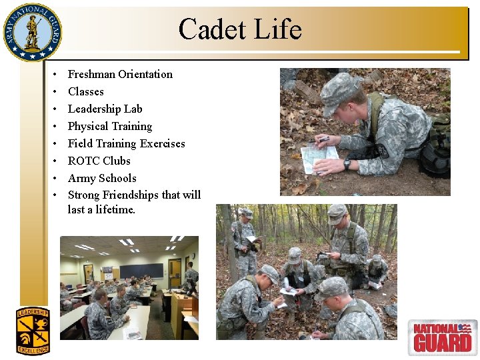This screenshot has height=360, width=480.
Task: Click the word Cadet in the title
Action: pyautogui.click(x=213, y=29)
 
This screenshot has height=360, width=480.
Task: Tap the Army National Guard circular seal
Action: pyautogui.click(x=33, y=32)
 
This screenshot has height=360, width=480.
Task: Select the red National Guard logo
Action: pyautogui.click(x=443, y=337)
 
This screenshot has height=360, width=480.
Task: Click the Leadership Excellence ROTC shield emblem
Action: pyautogui.click(x=33, y=331)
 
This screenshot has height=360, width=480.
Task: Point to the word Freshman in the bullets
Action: pyautogui.click(x=91, y=75)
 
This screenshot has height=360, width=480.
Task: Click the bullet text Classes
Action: pyautogui.click(x=86, y=91)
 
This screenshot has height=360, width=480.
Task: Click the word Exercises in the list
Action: pyautogui.click(x=162, y=143)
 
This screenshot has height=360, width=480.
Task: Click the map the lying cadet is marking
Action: pyautogui.click(x=319, y=159)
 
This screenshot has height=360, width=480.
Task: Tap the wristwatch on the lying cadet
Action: pyautogui.click(x=347, y=163)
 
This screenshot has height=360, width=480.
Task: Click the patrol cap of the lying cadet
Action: pyautogui.click(x=339, y=91)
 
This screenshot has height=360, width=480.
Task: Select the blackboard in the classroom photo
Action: pyautogui.click(x=141, y=271)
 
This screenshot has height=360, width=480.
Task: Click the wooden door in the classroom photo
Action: pyautogui.click(x=175, y=274)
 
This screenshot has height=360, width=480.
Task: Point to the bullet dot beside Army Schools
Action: pyautogui.click(x=55, y=178)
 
